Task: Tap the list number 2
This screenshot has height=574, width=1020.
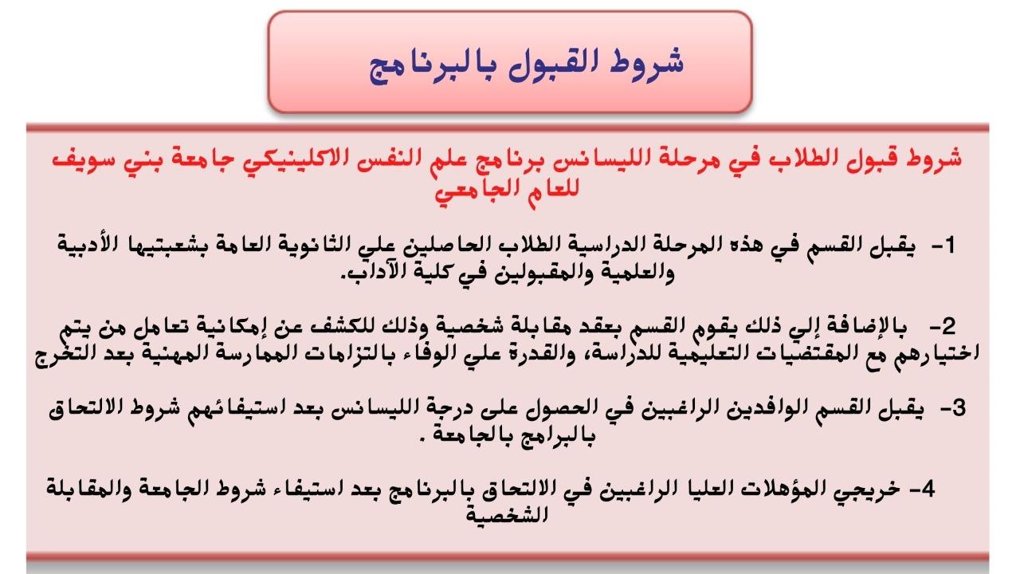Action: click(948, 326)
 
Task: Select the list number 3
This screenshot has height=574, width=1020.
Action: click(959, 407)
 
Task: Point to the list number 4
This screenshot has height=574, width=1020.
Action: click(928, 489)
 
